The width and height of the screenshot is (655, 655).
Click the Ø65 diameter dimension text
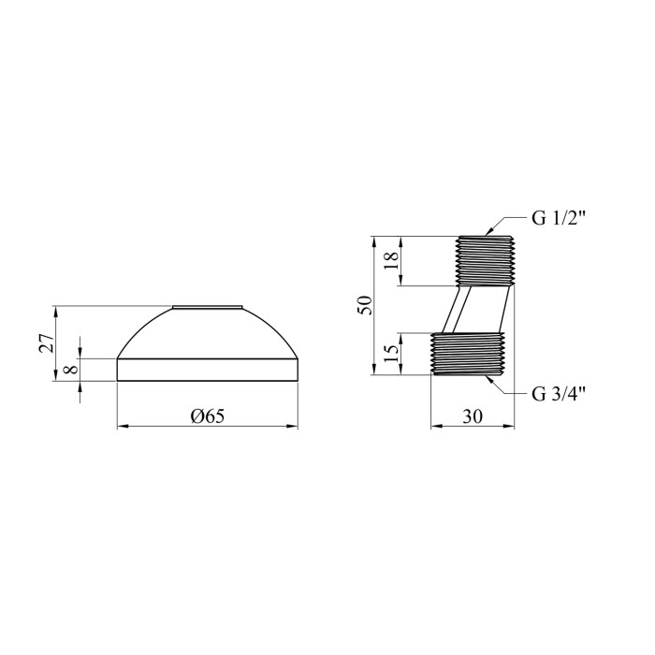[208, 415]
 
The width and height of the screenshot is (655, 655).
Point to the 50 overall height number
[364, 305]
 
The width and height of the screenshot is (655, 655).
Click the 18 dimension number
[391, 261]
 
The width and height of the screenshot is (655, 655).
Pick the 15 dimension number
[391, 355]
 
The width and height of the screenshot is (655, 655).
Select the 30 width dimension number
[473, 416]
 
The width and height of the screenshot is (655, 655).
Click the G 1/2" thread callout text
[559, 218]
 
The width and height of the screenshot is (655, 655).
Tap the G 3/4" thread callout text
[559, 394]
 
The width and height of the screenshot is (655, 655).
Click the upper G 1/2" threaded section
[485, 261]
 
